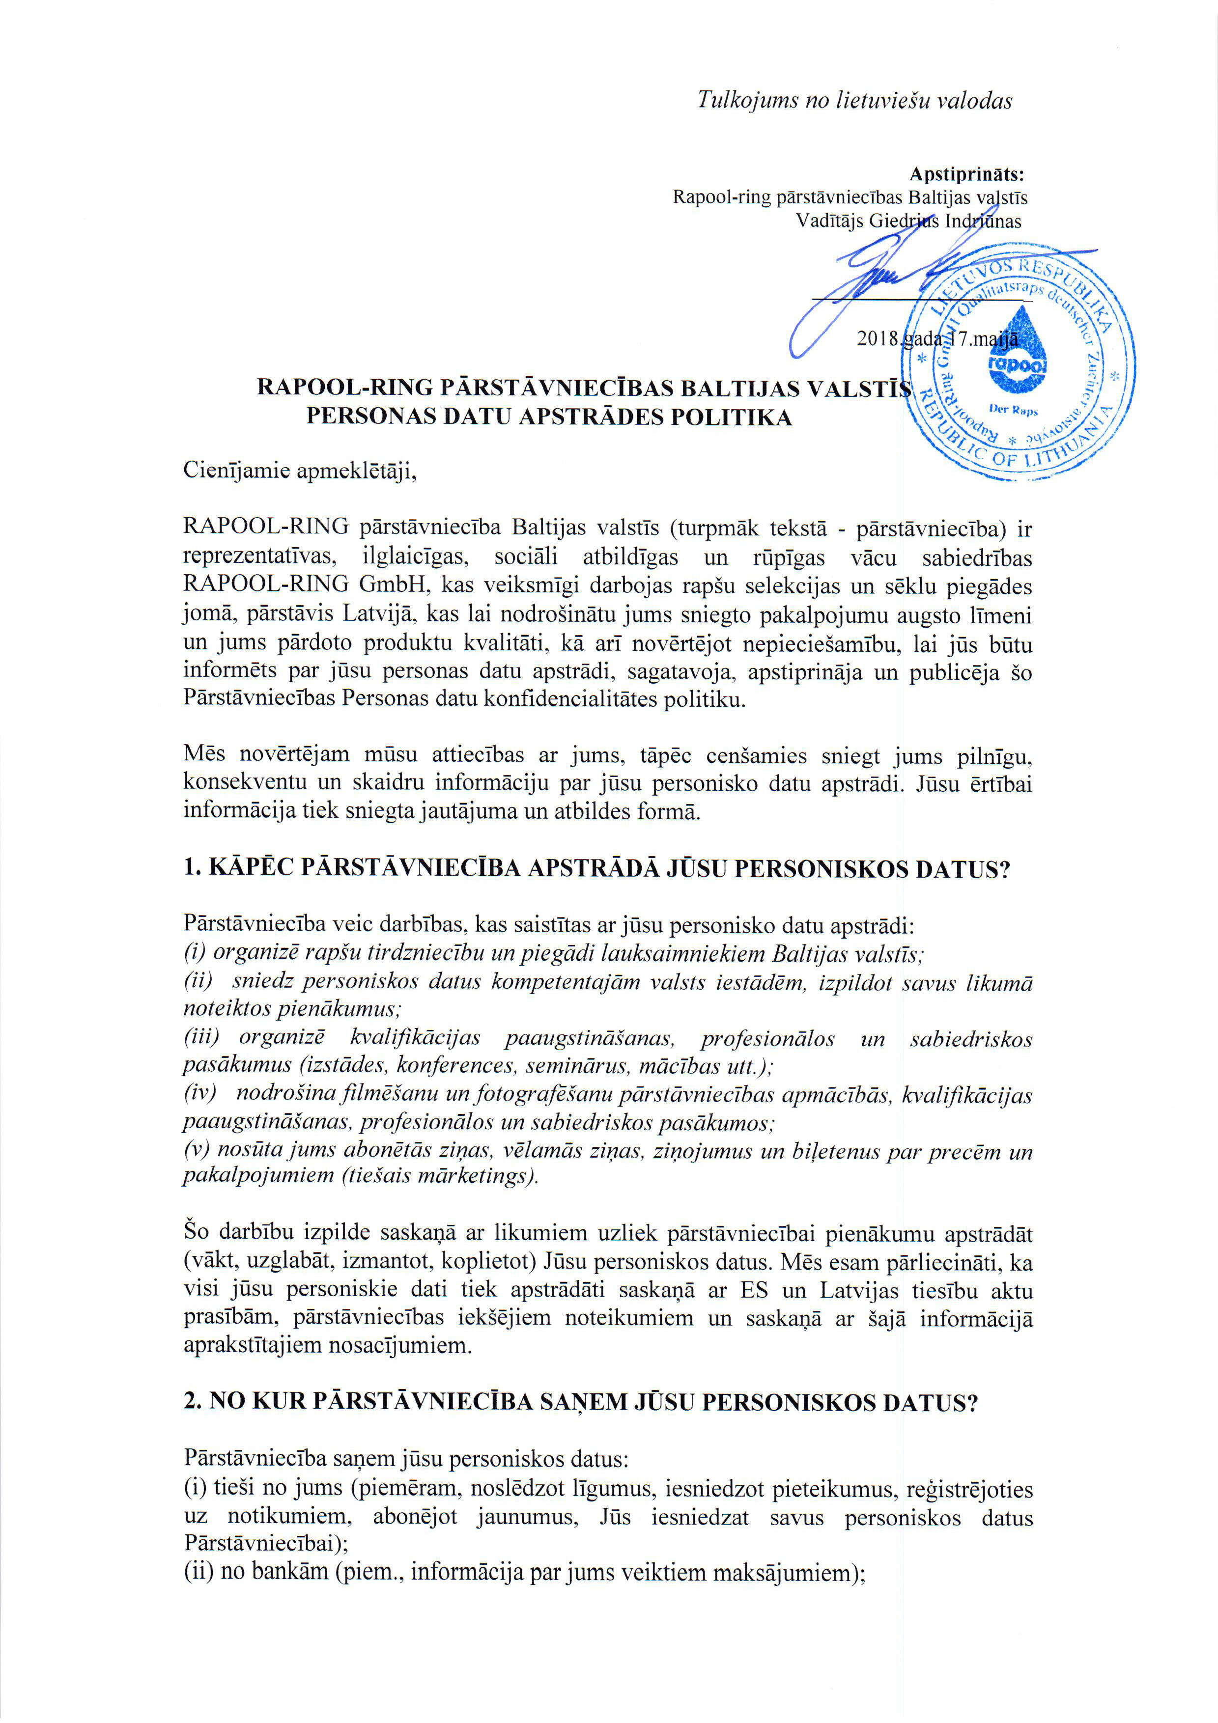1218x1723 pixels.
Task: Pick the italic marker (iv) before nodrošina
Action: [199, 1094]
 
